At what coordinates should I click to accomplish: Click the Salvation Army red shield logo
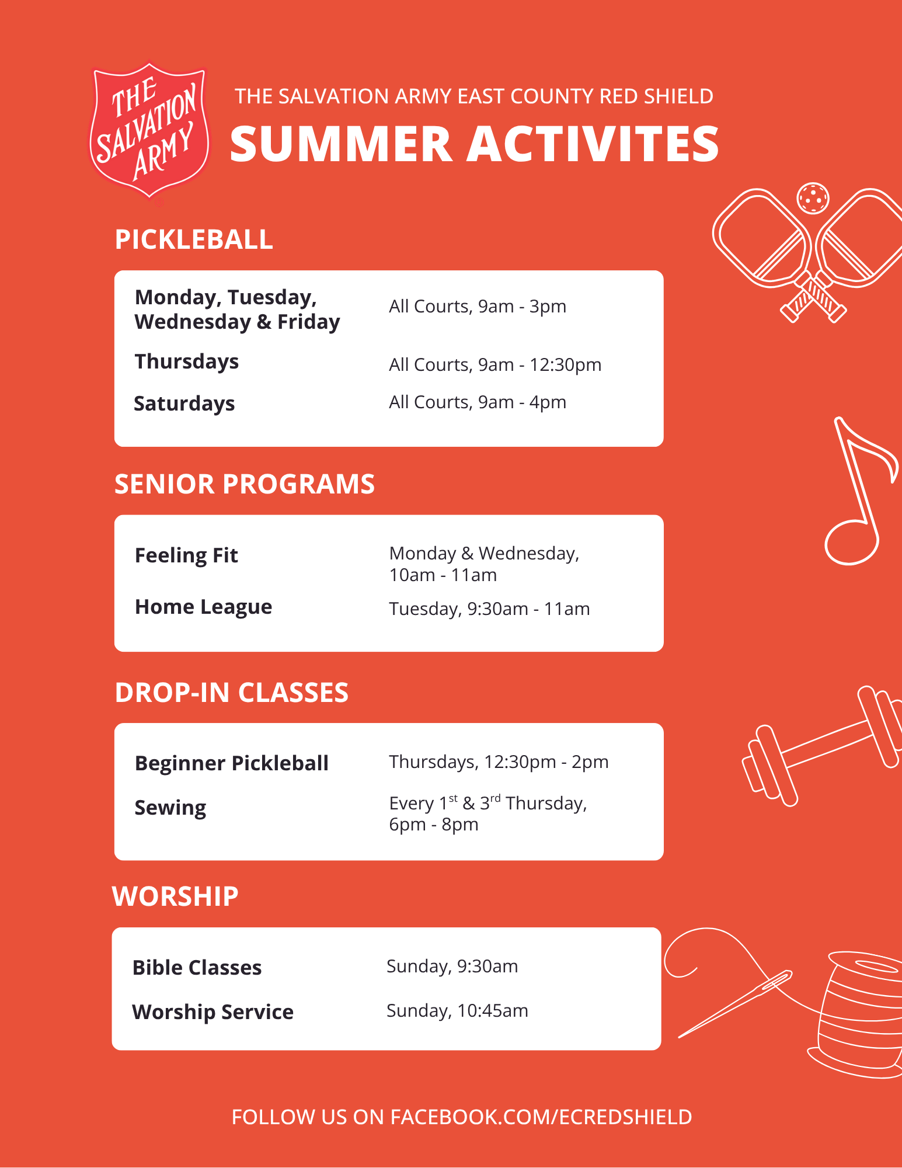click(149, 132)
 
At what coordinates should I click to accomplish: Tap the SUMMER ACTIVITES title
click(474, 144)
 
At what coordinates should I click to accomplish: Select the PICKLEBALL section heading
click(194, 239)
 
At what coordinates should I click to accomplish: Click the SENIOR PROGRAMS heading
click(245, 484)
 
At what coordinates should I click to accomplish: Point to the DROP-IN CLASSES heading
click(232, 693)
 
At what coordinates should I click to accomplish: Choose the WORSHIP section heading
click(175, 896)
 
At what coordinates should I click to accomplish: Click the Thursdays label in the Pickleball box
click(187, 362)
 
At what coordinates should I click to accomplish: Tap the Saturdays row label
click(184, 404)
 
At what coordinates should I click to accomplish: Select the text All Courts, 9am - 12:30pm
click(495, 365)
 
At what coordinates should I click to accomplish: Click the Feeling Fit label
click(186, 555)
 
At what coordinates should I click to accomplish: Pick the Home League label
click(203, 607)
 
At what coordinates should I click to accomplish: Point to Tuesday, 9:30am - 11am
click(489, 609)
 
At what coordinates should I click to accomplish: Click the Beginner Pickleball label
click(232, 763)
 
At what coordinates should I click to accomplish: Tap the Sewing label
click(170, 808)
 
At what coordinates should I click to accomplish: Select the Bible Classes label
click(197, 968)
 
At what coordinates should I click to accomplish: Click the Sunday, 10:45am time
click(457, 1011)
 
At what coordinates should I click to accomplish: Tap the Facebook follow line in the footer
click(462, 1117)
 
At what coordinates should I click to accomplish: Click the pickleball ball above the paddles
click(813, 198)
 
